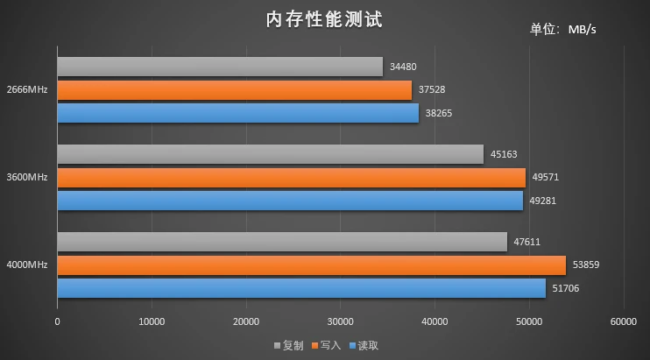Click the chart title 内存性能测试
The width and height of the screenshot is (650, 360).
pos(324,20)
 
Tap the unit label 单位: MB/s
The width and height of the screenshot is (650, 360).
pos(562,30)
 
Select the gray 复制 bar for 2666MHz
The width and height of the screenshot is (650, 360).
pos(219,67)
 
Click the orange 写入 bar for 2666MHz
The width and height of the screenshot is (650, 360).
pos(234,90)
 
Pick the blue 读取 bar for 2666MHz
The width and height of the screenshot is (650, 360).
pos(237,113)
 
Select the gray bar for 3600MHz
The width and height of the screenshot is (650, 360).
pos(270,154)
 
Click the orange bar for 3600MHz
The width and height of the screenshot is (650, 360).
pos(291,177)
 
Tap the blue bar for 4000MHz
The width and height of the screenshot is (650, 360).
pos(300,287)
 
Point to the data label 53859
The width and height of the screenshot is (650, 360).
pos(585,265)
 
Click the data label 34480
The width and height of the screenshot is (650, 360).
pos(404,67)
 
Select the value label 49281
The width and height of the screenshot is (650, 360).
pos(544,201)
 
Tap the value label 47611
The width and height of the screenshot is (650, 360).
pos(528,242)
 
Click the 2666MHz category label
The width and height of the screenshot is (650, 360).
pos(26,90)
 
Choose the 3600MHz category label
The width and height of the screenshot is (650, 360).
pos(26,177)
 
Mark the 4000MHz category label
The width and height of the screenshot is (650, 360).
pos(26,265)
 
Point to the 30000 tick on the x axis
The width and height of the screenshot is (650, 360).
pos(340,321)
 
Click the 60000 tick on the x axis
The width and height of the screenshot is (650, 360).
pos(623,321)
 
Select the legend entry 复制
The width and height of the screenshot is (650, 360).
pos(289,346)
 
